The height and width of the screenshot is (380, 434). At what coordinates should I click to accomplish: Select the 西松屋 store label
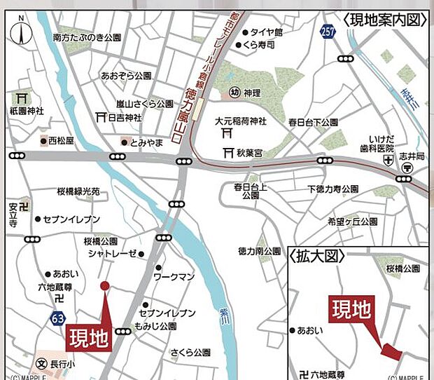pyautogui.click(x=61, y=141)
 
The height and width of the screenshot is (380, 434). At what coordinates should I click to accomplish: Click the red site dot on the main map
pyautogui.click(x=105, y=285)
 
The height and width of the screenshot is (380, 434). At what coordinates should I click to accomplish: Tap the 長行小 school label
pyautogui.click(x=62, y=365)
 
